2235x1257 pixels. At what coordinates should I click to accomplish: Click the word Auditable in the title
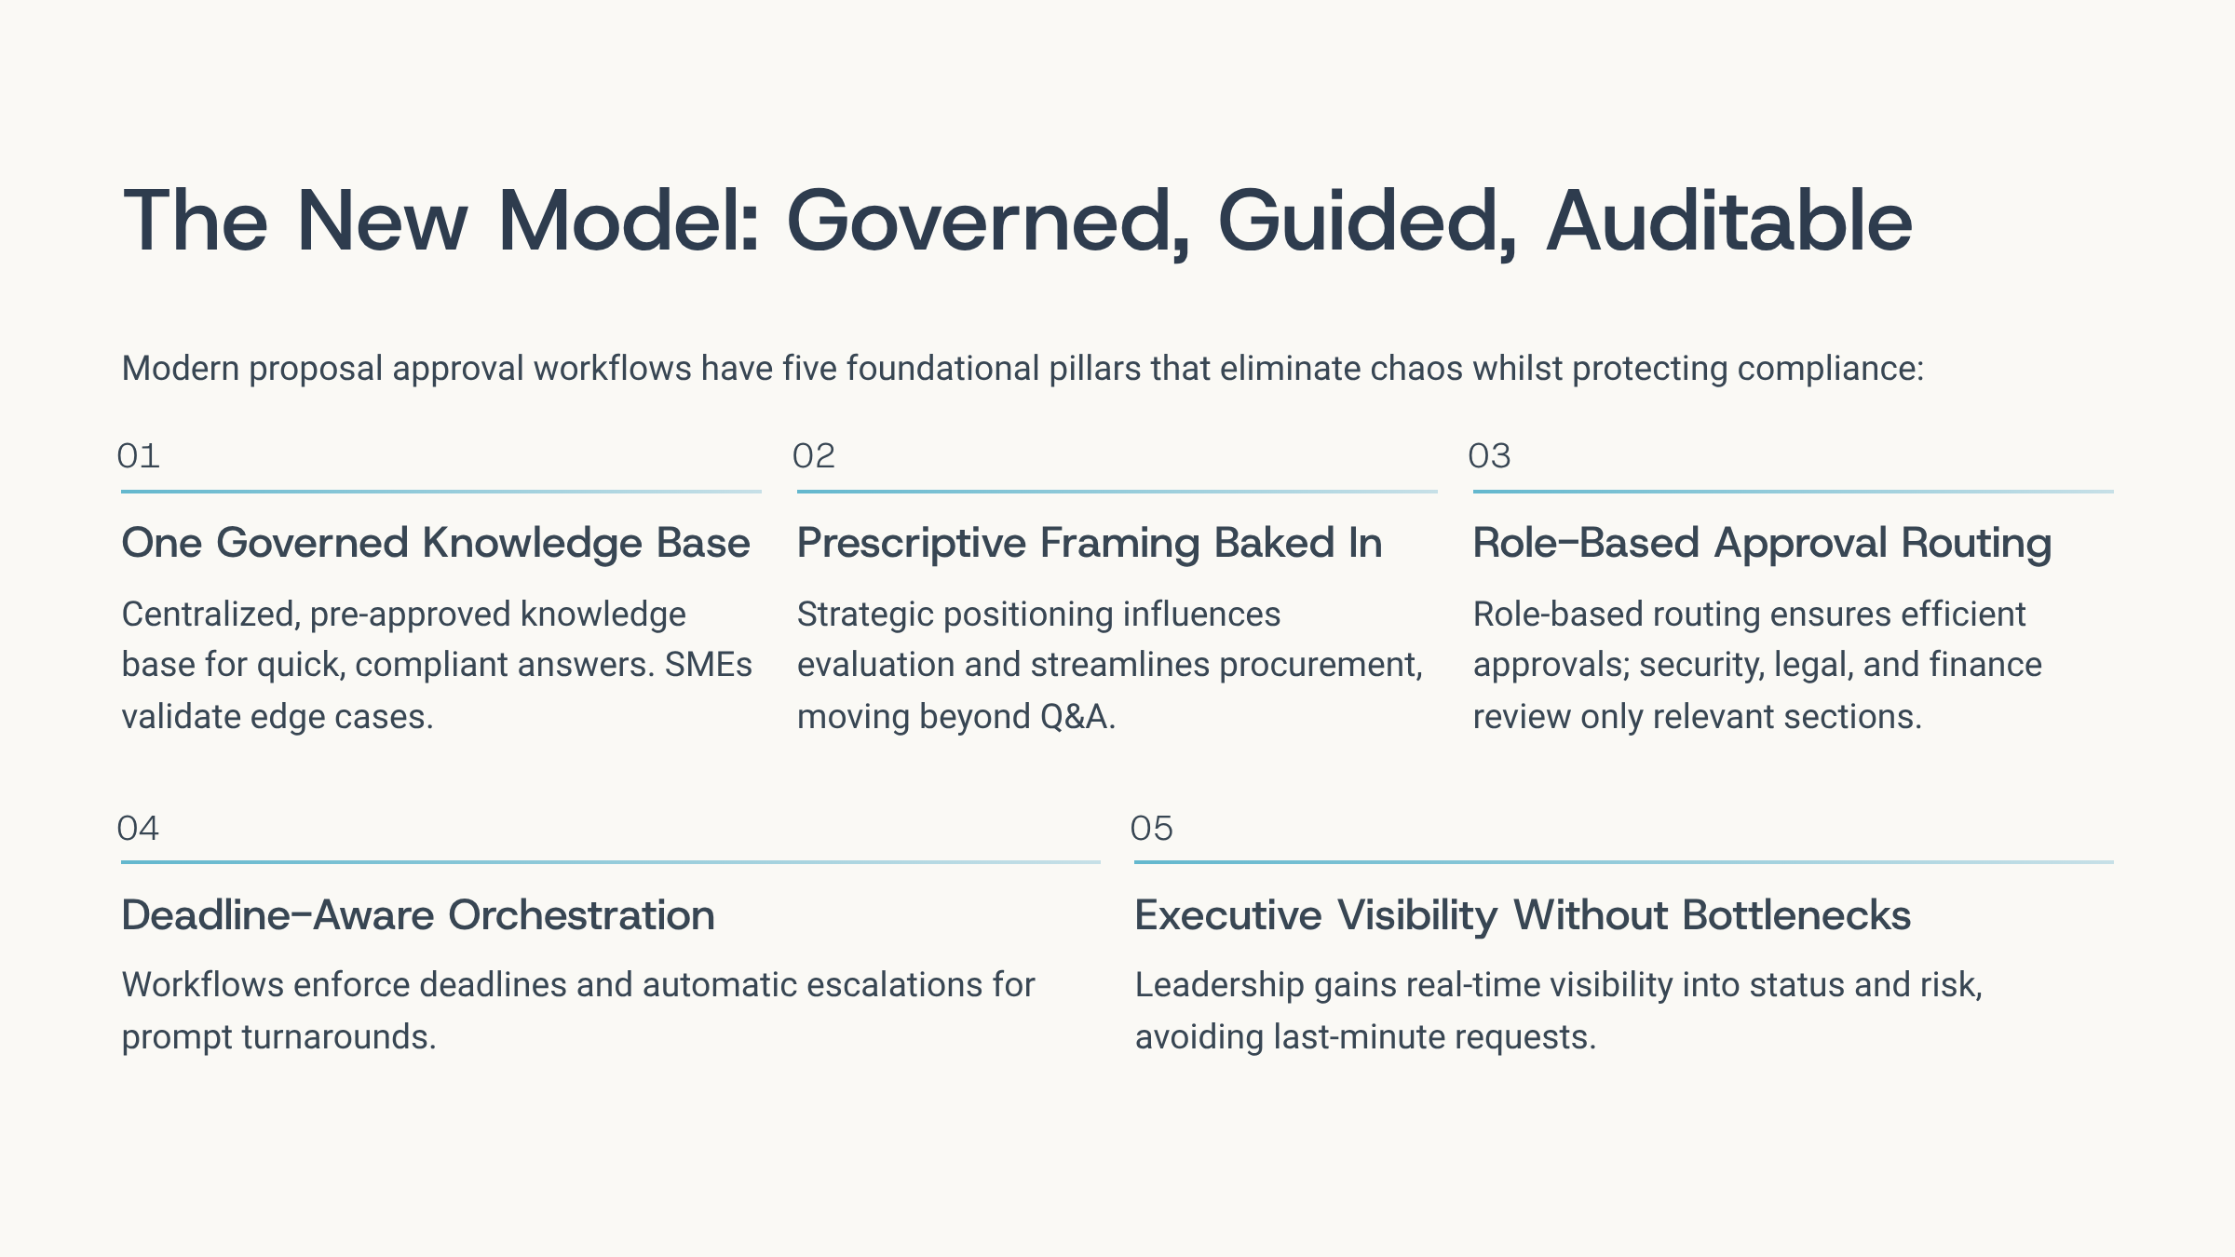click(1729, 221)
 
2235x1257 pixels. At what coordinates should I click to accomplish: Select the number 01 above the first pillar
click(139, 456)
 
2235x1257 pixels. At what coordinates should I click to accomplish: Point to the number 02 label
click(814, 456)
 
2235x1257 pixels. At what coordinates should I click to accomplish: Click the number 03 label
click(1489, 456)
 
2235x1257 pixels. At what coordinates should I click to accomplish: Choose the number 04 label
click(138, 828)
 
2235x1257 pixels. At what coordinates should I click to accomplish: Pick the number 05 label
click(1152, 828)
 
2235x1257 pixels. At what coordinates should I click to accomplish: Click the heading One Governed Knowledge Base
click(436, 543)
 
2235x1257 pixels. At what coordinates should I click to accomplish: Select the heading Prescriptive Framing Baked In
click(1090, 543)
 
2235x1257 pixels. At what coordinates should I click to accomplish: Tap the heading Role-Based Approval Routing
click(1762, 543)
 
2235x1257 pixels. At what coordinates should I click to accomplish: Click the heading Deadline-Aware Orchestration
click(418, 914)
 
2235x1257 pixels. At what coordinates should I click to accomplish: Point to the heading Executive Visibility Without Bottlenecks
click(1523, 914)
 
